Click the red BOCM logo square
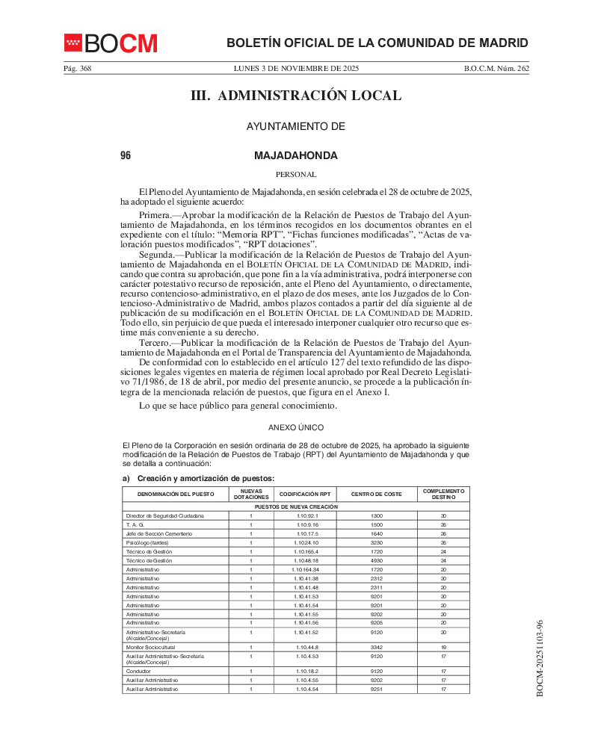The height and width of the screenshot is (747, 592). click(x=73, y=43)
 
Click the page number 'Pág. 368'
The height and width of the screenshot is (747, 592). click(x=77, y=68)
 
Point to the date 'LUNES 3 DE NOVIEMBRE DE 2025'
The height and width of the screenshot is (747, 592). click(x=296, y=68)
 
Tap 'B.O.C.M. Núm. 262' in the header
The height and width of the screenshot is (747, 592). click(x=496, y=68)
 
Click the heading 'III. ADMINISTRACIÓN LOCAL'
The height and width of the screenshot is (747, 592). click(x=296, y=96)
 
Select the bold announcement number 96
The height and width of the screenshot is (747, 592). click(x=126, y=155)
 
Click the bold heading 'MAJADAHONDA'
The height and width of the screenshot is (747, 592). click(x=296, y=155)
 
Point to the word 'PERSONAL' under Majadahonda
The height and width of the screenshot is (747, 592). click(x=296, y=174)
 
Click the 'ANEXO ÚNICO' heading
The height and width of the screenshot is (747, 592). click(x=296, y=427)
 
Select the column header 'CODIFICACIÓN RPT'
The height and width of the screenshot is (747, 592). click(x=305, y=495)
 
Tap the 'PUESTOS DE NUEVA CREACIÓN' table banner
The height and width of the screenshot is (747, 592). click(x=296, y=506)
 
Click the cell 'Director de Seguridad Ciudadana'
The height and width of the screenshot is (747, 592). click(x=165, y=516)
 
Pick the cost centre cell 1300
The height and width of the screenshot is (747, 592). click(x=376, y=516)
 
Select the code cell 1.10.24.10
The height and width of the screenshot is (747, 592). click(x=307, y=542)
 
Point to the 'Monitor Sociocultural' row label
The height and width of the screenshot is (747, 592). click(x=152, y=647)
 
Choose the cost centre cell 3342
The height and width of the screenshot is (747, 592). click(x=376, y=647)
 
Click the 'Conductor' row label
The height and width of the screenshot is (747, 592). click(x=138, y=671)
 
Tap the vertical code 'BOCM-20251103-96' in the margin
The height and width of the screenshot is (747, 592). click(x=540, y=658)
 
